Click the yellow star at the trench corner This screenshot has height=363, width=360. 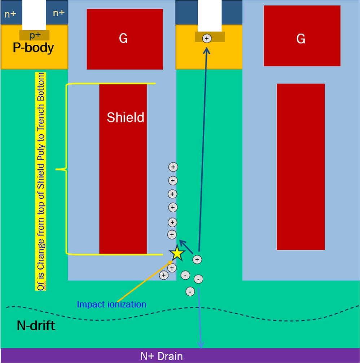click(x=177, y=253)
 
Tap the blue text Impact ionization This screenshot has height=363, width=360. click(x=111, y=304)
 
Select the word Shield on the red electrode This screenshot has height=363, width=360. click(x=126, y=117)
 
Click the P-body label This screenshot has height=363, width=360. click(x=34, y=48)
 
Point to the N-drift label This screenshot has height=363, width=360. click(x=36, y=326)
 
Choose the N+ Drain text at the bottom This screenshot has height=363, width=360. click(x=161, y=356)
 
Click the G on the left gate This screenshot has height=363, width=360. click(x=123, y=39)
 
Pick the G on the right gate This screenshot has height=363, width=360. click(x=301, y=39)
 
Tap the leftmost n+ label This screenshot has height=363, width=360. click(x=10, y=14)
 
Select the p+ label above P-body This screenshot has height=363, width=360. click(x=35, y=35)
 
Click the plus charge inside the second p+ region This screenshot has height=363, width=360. click(x=207, y=38)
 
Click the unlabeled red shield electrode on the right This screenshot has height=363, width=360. click(x=301, y=167)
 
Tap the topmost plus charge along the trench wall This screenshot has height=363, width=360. click(x=173, y=167)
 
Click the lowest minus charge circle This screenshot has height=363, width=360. click(x=191, y=291)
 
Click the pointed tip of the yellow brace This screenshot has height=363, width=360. click(x=57, y=169)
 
